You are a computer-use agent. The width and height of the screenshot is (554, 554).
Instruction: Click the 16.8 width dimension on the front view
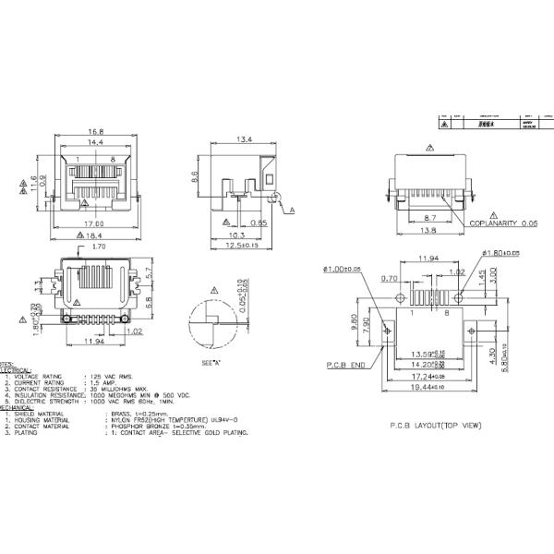94,131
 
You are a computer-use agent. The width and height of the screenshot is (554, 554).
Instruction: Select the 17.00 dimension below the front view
94,223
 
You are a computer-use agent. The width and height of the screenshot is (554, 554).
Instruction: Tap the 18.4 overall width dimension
95,236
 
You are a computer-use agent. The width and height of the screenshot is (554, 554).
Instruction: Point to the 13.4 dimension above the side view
244,139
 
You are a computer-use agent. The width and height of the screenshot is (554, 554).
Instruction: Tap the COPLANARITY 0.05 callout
503,223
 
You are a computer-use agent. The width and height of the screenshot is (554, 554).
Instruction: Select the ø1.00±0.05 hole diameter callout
343,270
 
